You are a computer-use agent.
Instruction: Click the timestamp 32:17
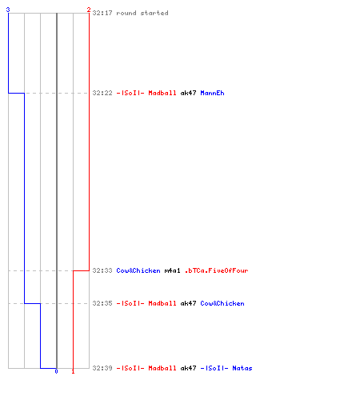pyautogui.click(x=102, y=13)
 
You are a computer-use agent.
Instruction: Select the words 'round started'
pyautogui.click(x=142, y=13)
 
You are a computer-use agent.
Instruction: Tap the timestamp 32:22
pyautogui.click(x=102, y=93)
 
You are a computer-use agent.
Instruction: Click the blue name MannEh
pyautogui.click(x=212, y=93)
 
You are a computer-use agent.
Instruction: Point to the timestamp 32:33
pyautogui.click(x=102, y=270)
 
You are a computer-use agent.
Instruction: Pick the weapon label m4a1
pyautogui.click(x=172, y=270)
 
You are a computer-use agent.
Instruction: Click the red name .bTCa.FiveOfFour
pyautogui.click(x=216, y=270)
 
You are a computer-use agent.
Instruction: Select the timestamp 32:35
pyautogui.click(x=102, y=303)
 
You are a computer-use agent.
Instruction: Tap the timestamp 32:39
pyautogui.click(x=102, y=368)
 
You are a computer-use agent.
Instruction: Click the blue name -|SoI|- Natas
pyautogui.click(x=226, y=368)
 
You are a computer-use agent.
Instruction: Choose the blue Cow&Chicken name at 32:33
pyautogui.click(x=138, y=270)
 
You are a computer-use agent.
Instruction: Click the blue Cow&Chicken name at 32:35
pyautogui.click(x=222, y=303)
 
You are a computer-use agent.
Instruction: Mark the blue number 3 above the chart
pyautogui.click(x=8, y=10)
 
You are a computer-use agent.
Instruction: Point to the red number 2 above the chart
pyautogui.click(x=89, y=10)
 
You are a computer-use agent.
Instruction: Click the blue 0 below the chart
pyautogui.click(x=56, y=371)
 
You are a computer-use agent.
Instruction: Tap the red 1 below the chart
pyautogui.click(x=73, y=371)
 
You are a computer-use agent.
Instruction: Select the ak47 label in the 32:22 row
pyautogui.click(x=188, y=93)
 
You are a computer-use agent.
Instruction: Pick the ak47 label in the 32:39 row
pyautogui.click(x=188, y=368)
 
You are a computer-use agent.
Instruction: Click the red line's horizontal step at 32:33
pyautogui.click(x=81, y=270)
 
